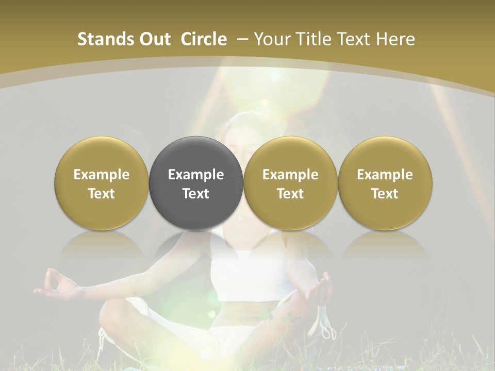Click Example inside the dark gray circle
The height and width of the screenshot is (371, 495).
pyautogui.click(x=196, y=175)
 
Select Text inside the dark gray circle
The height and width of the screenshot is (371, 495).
pyautogui.click(x=196, y=194)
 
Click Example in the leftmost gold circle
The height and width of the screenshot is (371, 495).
pyautogui.click(x=102, y=175)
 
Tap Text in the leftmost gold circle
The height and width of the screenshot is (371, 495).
pyautogui.click(x=102, y=194)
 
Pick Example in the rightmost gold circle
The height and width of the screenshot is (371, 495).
pyautogui.click(x=385, y=175)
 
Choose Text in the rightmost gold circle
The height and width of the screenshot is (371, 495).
pyautogui.click(x=385, y=194)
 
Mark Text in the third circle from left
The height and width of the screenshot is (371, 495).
pyautogui.click(x=290, y=194)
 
